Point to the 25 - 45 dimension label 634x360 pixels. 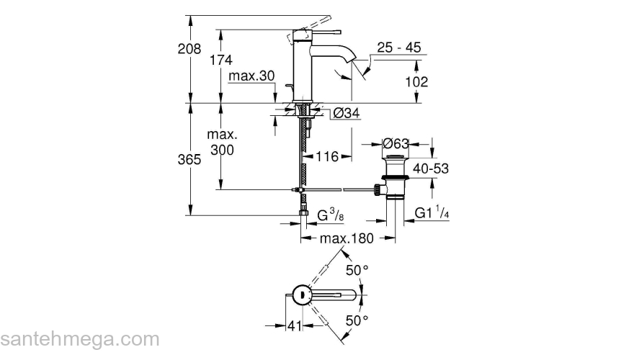point(398,48)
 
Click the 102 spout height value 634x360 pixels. point(416,81)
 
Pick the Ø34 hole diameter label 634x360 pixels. point(346,112)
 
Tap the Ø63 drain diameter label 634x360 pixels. point(396,143)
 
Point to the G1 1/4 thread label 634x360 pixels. point(432,214)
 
